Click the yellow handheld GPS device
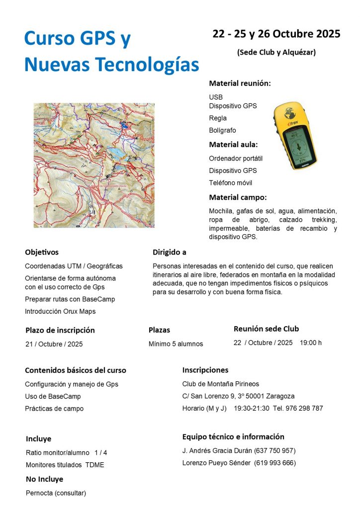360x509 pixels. click(x=295, y=136)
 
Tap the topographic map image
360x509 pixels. click(x=94, y=165)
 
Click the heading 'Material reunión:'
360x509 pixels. click(x=240, y=84)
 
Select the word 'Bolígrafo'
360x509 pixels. click(x=222, y=130)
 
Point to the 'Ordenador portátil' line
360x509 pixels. click(x=236, y=159)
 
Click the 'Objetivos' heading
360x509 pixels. click(x=42, y=253)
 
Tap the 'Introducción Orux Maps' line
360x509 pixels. click(x=60, y=311)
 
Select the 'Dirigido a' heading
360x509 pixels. click(x=170, y=253)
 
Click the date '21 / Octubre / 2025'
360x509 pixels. click(x=54, y=344)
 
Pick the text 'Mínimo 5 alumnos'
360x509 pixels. click(x=176, y=344)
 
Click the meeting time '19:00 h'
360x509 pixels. click(x=311, y=342)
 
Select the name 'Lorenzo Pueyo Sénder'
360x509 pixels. click(x=217, y=463)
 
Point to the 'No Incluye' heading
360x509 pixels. click(x=44, y=480)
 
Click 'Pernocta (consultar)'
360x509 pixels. click(x=56, y=493)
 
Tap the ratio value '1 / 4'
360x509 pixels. click(x=100, y=453)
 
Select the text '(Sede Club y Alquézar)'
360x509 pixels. click(x=276, y=52)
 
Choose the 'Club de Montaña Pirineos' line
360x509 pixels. click(x=221, y=384)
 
